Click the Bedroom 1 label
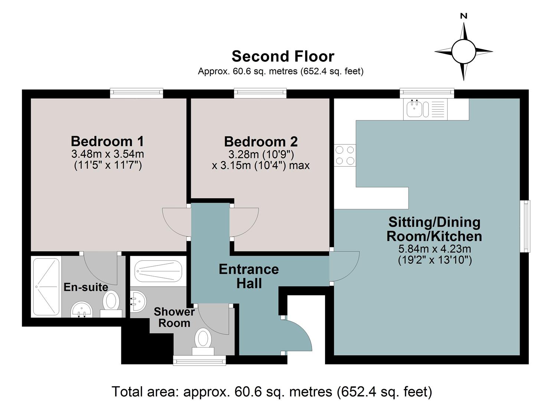pos(107,141)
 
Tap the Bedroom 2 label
pos(261,142)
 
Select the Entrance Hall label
pos(249,277)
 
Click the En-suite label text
pos(86,287)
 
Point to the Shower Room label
pos(174,317)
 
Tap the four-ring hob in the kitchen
pos(345,155)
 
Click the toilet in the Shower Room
pos(203,342)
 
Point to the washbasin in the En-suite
pos(81,309)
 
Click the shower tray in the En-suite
pos(46,287)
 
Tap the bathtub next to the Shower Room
pos(158,271)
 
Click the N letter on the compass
pos(463,16)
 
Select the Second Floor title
pos(283,56)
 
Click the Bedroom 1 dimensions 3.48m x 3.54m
pos(108,154)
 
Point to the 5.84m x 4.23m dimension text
pos(434,249)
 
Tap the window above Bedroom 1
pos(137,93)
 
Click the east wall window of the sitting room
pos(525,226)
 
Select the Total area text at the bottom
pos(272,391)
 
